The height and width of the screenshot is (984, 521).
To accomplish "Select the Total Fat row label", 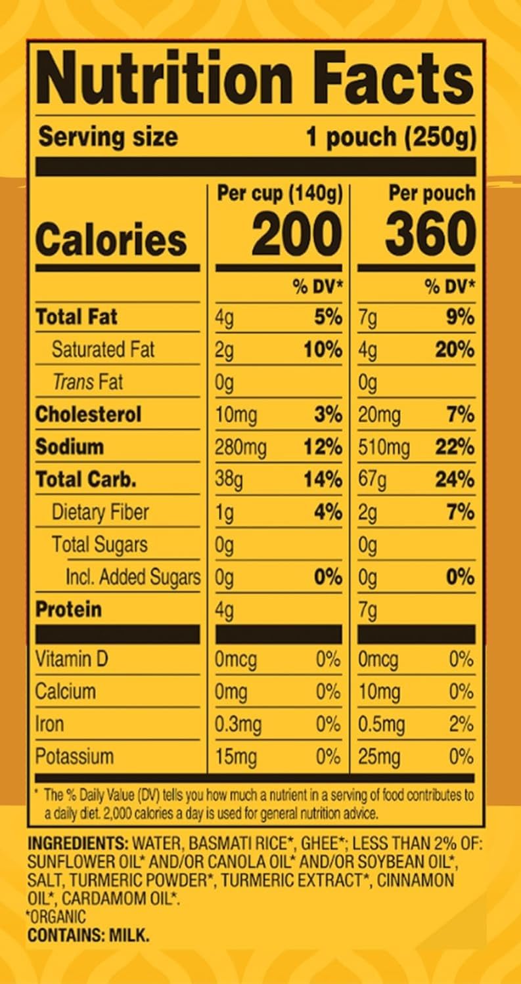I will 77,317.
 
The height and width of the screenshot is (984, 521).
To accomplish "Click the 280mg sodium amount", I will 240,447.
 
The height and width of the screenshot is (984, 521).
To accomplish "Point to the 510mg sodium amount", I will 384,447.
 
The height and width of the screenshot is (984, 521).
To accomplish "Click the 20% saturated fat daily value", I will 454,349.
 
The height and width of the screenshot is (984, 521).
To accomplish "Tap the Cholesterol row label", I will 88,414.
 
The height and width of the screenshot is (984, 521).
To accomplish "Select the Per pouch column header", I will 431,193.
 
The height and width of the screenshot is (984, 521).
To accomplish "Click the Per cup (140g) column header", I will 279,193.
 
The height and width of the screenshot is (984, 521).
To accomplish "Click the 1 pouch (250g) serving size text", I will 390,137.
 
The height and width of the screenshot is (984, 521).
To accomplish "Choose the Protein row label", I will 68,609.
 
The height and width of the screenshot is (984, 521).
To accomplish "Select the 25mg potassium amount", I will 379,757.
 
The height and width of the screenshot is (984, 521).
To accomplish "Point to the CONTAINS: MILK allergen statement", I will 88,935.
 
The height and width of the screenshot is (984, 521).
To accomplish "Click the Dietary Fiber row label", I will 101,512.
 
